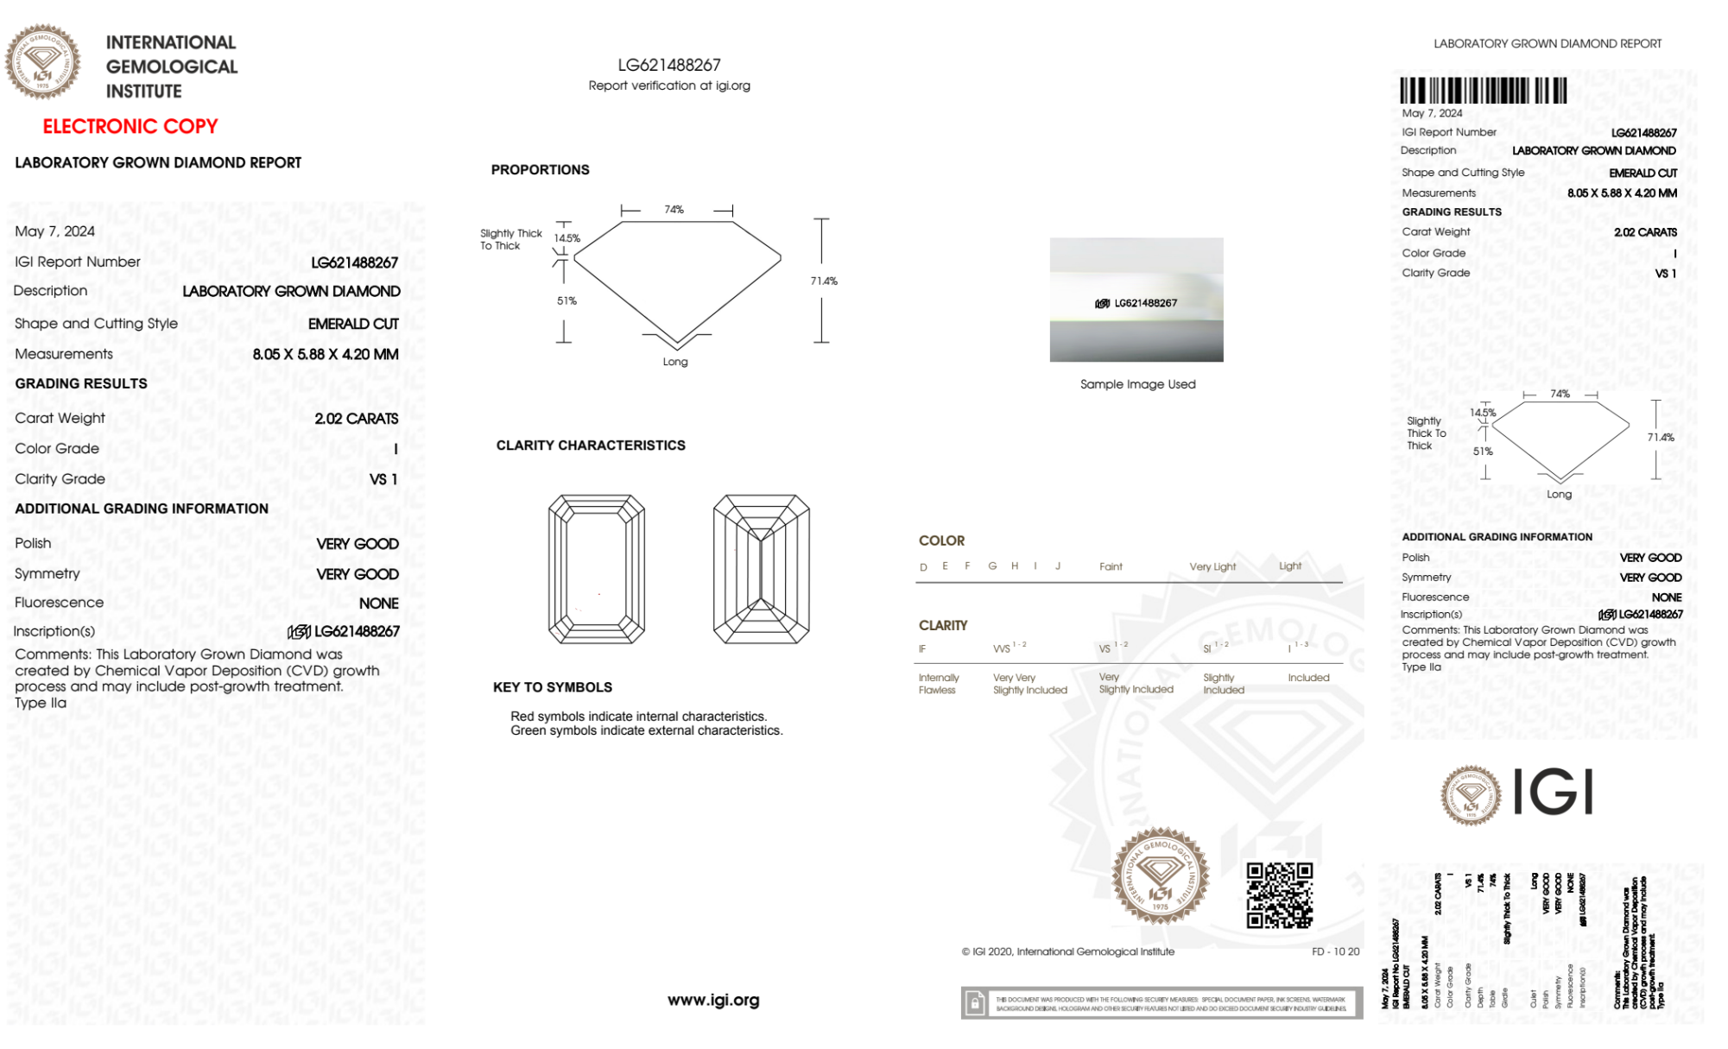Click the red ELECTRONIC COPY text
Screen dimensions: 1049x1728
click(130, 127)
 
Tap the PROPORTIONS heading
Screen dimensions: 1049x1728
click(540, 170)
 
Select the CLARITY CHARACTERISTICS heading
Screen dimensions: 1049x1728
click(591, 446)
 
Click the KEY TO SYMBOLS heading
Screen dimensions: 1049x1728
click(553, 687)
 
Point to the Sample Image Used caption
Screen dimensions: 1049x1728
click(1137, 384)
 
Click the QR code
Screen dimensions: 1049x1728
click(1279, 895)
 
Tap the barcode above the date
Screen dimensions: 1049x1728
click(1483, 91)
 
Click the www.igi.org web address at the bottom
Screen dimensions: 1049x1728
click(713, 1000)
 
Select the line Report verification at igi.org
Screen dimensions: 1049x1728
click(669, 85)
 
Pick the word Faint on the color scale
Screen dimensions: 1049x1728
click(1111, 567)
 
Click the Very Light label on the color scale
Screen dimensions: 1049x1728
click(1212, 567)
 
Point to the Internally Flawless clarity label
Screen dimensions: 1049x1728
click(938, 684)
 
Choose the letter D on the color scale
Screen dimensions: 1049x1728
click(923, 567)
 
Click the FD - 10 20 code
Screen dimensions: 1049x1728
click(1335, 951)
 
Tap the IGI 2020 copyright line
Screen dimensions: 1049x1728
click(1068, 951)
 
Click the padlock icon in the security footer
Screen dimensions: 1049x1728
click(975, 1003)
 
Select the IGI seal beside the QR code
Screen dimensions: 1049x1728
click(1160, 876)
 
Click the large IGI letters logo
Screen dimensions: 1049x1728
click(1553, 792)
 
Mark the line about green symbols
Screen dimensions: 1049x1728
click(646, 730)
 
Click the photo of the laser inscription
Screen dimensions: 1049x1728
click(1136, 300)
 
